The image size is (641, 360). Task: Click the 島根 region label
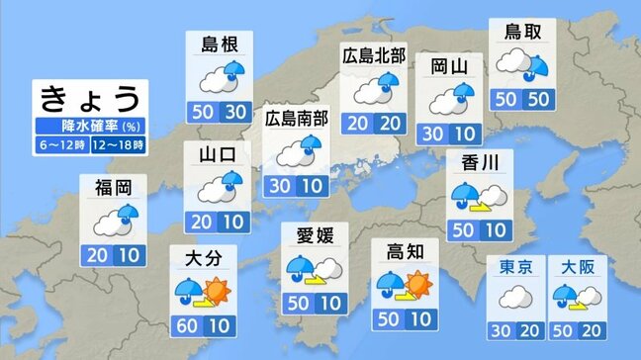218,44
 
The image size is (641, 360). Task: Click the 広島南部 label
297,119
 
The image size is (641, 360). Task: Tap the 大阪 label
577,266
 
